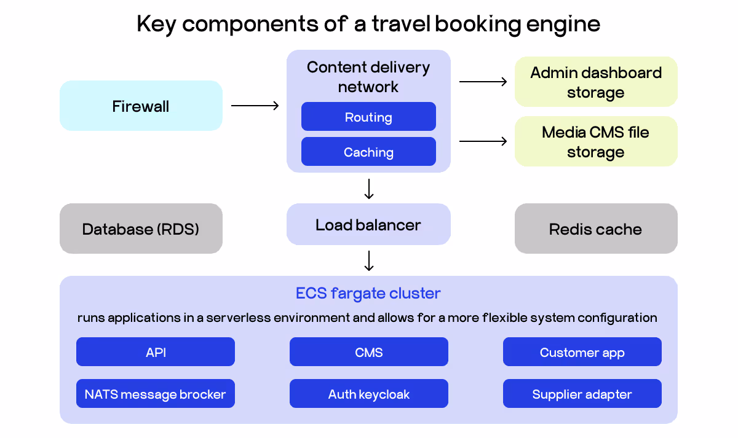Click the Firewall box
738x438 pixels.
tap(141, 106)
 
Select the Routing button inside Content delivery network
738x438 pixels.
tap(368, 117)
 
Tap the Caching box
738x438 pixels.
tap(368, 152)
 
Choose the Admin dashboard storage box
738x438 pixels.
tap(595, 82)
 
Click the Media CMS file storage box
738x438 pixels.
tap(595, 142)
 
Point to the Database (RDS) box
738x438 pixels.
tap(141, 229)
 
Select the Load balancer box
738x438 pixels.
tap(368, 225)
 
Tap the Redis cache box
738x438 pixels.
tap(595, 229)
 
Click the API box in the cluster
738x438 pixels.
tap(156, 352)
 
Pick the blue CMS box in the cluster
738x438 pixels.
tap(368, 352)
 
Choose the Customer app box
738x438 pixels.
tap(582, 352)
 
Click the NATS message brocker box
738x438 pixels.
tap(156, 394)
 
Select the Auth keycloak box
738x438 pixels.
tap(368, 394)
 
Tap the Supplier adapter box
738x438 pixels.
tap(582, 394)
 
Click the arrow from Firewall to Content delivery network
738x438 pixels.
tap(255, 106)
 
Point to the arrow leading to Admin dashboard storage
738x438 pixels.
tap(483, 81)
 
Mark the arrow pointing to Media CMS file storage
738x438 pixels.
tap(483, 141)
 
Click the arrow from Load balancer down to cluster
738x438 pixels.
tap(369, 260)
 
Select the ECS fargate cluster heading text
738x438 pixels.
tap(368, 293)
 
